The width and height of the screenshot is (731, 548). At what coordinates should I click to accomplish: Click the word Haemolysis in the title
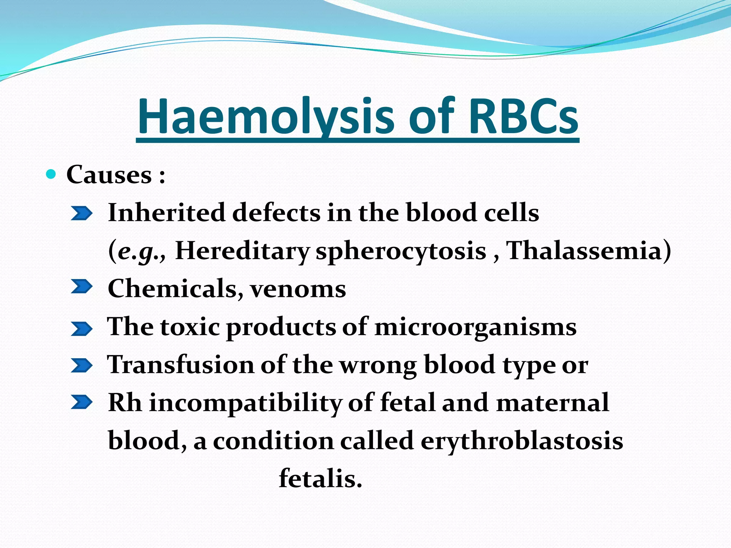(x=266, y=117)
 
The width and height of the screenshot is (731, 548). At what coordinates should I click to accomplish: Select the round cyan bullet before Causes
(x=51, y=174)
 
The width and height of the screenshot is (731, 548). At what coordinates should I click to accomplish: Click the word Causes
(x=109, y=175)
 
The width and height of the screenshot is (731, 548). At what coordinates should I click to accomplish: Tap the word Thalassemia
(x=584, y=250)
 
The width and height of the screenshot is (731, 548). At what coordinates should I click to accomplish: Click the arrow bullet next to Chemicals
(x=81, y=286)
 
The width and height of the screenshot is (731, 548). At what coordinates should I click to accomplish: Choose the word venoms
(x=298, y=289)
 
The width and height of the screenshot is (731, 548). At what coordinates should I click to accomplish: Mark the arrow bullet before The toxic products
(x=81, y=329)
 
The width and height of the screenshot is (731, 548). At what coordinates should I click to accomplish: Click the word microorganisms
(x=475, y=328)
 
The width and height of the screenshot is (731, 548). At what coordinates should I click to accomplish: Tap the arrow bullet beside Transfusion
(x=81, y=366)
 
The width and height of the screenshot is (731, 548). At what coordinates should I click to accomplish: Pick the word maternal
(x=552, y=402)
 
